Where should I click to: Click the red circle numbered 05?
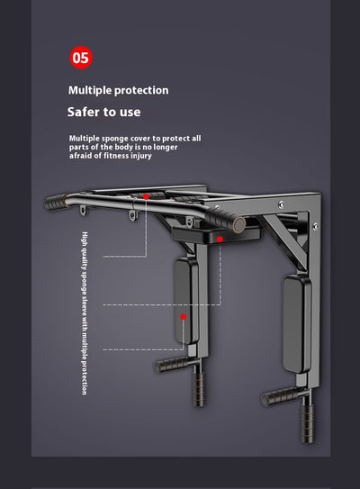coord(81,58)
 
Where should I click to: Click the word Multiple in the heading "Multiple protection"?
coord(90,90)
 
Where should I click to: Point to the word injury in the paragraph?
coord(141,156)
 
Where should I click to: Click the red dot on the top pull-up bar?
coord(146,197)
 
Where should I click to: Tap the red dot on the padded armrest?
coord(220,240)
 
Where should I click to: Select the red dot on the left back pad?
coord(184,317)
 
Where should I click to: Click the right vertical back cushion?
coord(296,323)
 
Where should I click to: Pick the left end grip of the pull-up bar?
coord(56,202)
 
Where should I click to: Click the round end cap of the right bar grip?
coord(239,224)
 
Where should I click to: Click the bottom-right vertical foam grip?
coord(308,423)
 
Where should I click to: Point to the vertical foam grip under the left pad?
coord(199,389)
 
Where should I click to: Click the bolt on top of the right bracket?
coord(281,204)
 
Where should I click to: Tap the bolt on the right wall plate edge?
coord(315,226)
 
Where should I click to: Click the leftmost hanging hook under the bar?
coord(83,210)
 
